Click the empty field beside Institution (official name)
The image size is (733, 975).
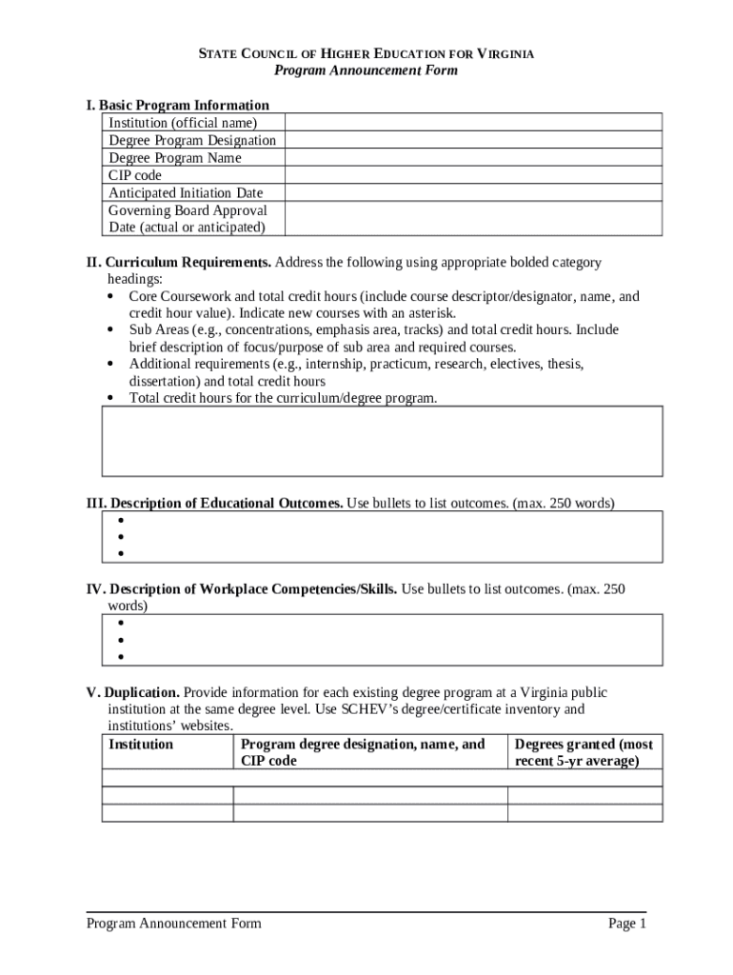click(473, 123)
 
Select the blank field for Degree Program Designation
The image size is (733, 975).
click(473, 140)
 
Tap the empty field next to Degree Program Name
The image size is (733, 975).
click(473, 158)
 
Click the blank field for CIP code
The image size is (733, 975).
click(473, 175)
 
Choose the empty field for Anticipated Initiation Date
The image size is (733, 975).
click(473, 192)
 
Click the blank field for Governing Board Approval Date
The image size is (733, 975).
click(473, 218)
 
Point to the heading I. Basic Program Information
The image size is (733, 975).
click(177, 105)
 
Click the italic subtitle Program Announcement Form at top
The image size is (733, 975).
click(366, 70)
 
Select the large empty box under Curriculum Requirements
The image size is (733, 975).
click(382, 441)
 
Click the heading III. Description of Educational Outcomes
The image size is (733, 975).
click(214, 503)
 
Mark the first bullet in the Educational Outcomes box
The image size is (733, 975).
click(122, 521)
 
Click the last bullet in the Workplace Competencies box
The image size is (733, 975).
click(122, 657)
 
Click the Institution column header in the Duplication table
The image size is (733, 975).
click(141, 744)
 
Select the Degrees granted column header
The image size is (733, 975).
click(584, 752)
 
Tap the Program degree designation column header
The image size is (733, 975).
click(363, 752)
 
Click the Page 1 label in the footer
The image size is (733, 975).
click(627, 924)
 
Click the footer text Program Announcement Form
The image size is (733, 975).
click(174, 924)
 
